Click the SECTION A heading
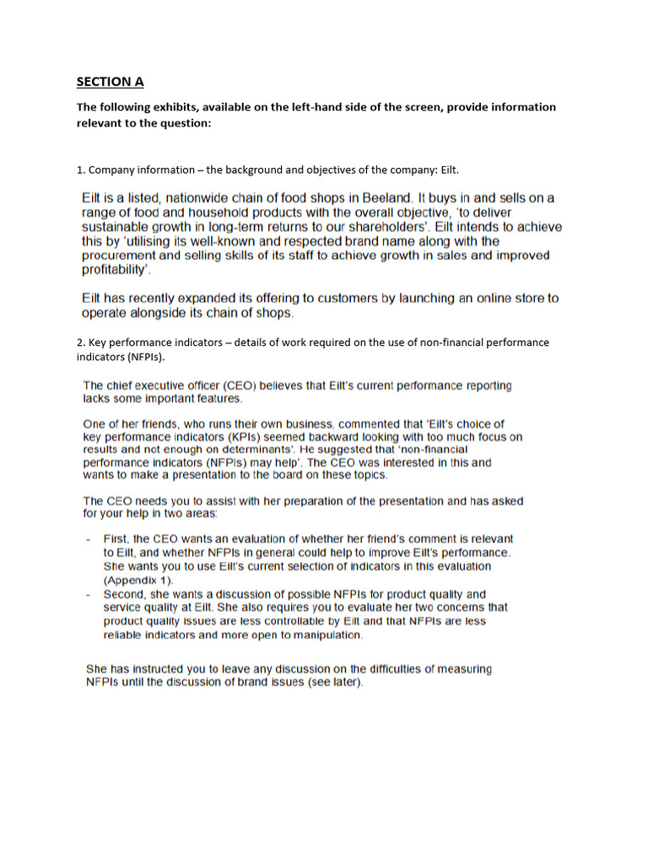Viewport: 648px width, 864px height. tap(110, 82)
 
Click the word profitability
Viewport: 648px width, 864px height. tap(116, 270)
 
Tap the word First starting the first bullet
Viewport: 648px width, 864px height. tap(116, 537)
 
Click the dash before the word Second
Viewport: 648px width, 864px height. tap(89, 594)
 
